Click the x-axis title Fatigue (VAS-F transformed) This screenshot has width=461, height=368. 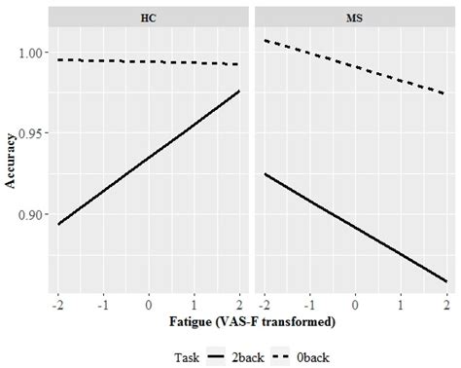[252, 321]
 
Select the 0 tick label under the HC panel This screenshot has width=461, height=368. [149, 304]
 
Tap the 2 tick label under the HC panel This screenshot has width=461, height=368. [240, 304]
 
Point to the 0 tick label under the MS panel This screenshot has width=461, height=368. [355, 304]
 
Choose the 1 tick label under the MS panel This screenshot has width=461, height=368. [401, 304]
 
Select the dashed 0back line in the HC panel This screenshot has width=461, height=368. [149, 61]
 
